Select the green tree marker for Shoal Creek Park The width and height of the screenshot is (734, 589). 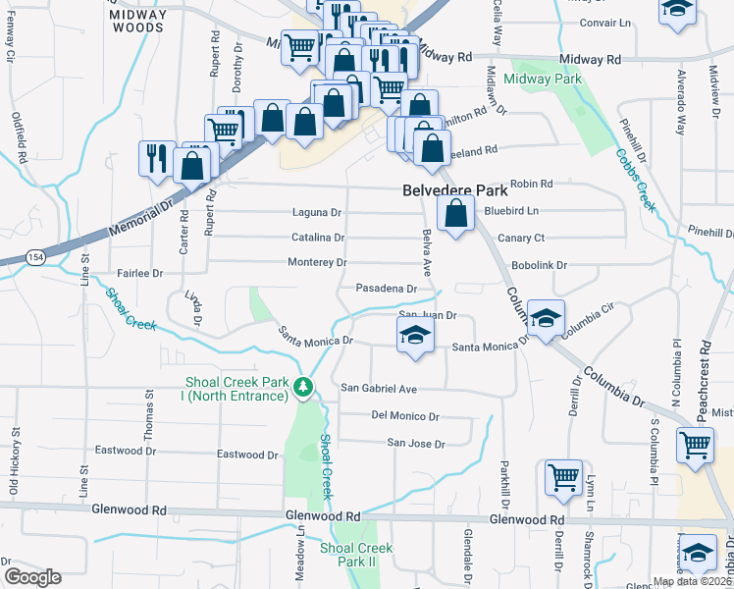[x=306, y=390]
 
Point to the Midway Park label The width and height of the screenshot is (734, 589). [x=543, y=80]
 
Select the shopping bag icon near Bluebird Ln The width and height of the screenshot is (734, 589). [x=455, y=213]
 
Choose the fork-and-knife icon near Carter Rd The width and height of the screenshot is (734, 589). [x=156, y=158]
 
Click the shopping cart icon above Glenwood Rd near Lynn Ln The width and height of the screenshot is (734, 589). [x=563, y=477]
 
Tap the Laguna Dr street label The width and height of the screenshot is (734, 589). [x=317, y=212]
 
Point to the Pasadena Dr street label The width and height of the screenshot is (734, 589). [x=386, y=290]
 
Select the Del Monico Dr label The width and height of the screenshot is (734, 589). [x=405, y=415]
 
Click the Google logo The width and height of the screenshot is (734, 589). [x=31, y=576]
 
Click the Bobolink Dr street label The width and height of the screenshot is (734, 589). [x=539, y=265]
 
